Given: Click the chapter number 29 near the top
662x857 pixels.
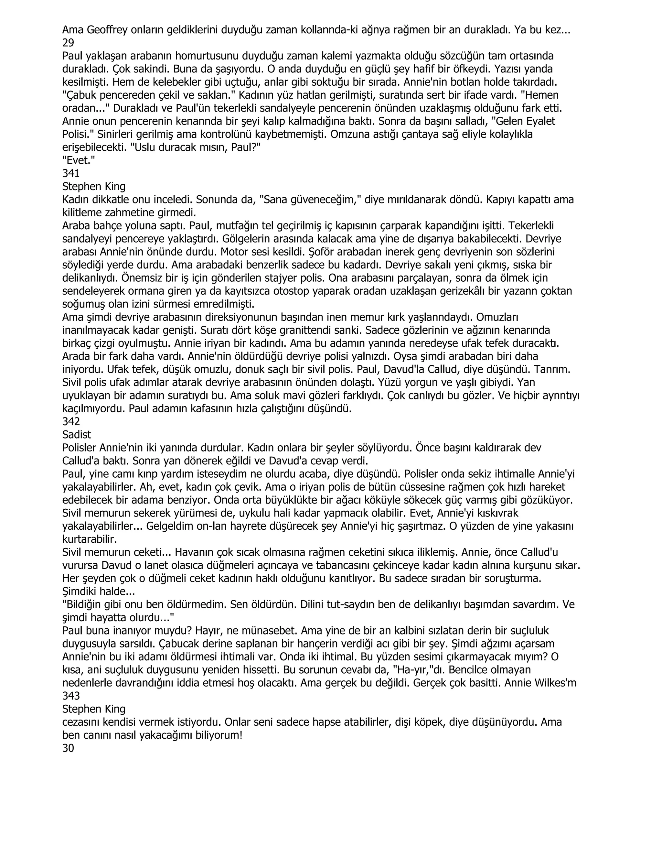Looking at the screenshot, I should coord(68,43).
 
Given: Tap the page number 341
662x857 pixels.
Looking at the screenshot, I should coord(71,173).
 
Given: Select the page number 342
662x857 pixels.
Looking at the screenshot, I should coord(71,421).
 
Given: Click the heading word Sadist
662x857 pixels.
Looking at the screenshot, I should coord(77,435).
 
